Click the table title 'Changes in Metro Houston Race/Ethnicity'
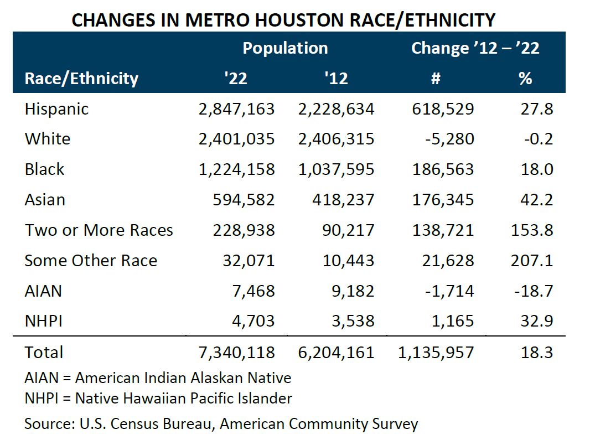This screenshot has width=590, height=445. (x=283, y=20)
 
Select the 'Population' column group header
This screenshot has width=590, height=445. (x=285, y=48)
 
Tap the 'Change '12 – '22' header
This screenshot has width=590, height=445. (x=475, y=48)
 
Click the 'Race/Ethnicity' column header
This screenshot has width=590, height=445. (x=81, y=78)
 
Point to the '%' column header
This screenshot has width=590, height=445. (x=525, y=78)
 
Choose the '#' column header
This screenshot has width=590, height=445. (x=435, y=78)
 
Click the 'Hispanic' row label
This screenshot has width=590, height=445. (x=56, y=108)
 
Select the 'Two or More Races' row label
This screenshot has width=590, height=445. (x=99, y=230)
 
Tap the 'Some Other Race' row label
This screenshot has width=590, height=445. (x=91, y=261)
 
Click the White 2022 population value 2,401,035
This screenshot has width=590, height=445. (x=236, y=139)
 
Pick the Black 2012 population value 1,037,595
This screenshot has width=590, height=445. (x=336, y=169)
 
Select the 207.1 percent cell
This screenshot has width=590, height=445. (x=531, y=261)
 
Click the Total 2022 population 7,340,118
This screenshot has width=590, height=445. (x=236, y=353)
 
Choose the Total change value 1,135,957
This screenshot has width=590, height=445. (x=436, y=353)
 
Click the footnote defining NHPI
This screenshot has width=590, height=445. (x=158, y=398)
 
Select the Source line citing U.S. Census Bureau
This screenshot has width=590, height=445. (x=221, y=425)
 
